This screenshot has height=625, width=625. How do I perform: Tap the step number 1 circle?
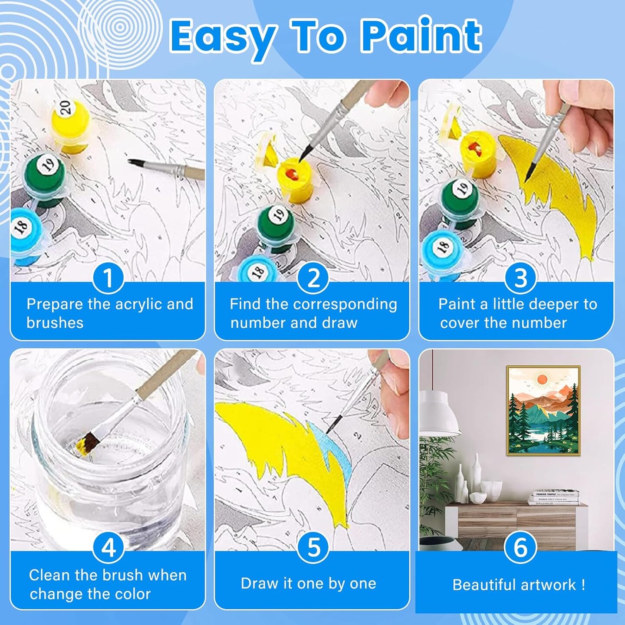[108, 278]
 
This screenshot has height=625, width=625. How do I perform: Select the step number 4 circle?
[108, 548]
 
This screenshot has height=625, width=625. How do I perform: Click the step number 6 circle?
[520, 548]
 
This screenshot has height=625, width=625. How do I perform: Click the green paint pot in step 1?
[45, 178]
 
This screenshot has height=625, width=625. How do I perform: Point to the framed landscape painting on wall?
[543, 410]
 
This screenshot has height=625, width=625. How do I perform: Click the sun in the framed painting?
[542, 380]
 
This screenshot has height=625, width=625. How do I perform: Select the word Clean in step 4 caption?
[49, 575]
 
